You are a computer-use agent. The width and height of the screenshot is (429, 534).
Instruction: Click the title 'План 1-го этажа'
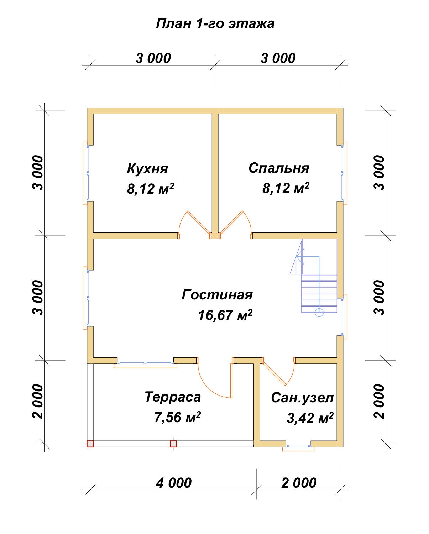coord(215,23)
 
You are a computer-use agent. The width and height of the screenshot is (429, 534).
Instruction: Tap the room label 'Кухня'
coord(147,168)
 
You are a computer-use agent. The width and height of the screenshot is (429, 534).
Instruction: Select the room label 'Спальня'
coord(279,168)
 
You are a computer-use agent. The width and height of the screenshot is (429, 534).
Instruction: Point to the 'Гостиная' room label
coord(217,295)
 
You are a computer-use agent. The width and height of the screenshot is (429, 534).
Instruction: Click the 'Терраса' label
coord(173,397)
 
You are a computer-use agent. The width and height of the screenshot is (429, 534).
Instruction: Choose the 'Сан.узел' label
coord(302,398)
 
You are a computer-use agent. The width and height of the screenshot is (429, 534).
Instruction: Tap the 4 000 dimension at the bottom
coord(173,483)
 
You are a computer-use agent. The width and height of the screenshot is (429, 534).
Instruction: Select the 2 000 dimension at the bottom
coord(298,483)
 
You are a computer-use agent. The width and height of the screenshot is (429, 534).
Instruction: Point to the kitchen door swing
coord(194,224)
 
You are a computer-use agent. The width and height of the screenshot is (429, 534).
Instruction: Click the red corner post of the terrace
coord(90,444)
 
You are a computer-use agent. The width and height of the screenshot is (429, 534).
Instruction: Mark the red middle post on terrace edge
coord(173,444)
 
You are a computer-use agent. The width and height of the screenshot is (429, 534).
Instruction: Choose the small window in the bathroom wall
coord(298,446)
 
